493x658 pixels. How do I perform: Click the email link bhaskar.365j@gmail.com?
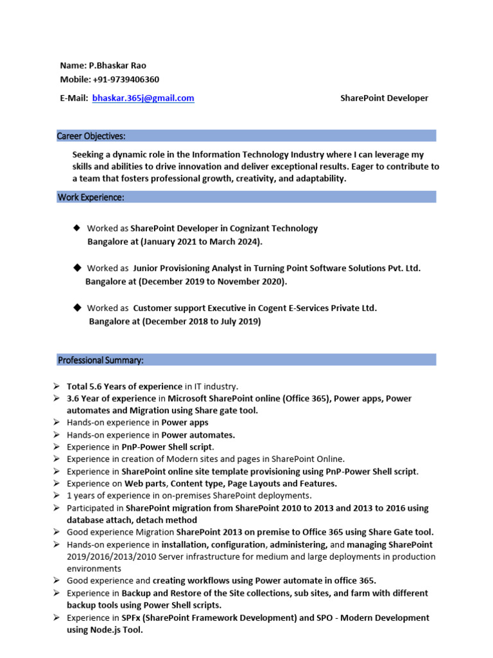[x=143, y=98]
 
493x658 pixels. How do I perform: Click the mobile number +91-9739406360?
[x=126, y=80]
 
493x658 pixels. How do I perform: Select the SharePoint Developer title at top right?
[x=384, y=98]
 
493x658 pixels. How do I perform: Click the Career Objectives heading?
[x=91, y=136]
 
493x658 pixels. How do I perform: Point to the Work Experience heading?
[x=91, y=197]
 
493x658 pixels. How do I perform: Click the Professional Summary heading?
[x=101, y=360]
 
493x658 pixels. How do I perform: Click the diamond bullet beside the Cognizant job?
[x=77, y=228]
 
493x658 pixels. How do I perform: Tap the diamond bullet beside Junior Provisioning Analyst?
[x=77, y=268]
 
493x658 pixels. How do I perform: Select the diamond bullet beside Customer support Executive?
[x=77, y=308]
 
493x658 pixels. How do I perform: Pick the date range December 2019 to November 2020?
[x=212, y=281]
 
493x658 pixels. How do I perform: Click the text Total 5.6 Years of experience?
[x=125, y=386]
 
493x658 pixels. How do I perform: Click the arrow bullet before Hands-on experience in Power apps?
[x=56, y=423]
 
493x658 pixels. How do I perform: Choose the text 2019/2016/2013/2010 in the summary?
[x=108, y=556]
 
